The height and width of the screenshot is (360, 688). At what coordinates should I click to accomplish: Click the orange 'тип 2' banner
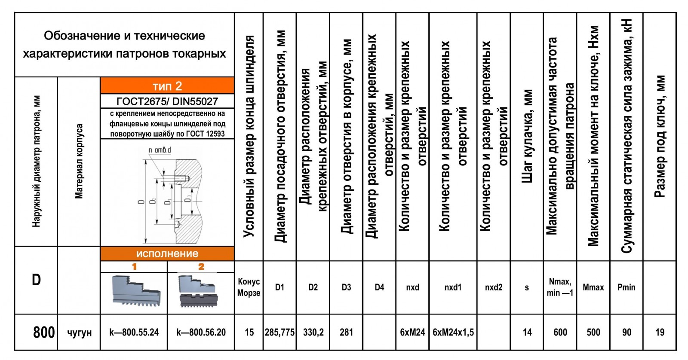point(167,85)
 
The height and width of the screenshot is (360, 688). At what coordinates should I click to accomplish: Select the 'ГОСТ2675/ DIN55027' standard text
point(167,101)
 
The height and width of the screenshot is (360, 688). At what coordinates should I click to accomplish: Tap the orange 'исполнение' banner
point(167,253)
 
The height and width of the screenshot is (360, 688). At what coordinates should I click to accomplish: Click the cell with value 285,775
point(279,332)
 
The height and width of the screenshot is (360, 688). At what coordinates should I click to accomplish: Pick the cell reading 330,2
point(313,332)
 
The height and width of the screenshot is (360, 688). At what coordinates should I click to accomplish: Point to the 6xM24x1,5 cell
point(453,332)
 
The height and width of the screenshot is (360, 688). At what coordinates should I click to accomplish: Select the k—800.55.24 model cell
point(134,332)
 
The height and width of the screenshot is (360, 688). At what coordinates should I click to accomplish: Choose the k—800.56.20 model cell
point(201,332)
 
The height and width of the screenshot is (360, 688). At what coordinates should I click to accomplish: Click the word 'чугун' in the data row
point(79,333)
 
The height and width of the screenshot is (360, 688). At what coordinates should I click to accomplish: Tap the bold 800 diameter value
point(44,333)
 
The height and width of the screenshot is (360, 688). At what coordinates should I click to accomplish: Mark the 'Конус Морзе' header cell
point(249,287)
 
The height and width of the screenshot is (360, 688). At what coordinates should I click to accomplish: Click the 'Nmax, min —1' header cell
point(560,287)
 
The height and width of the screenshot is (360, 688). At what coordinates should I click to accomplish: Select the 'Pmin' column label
point(626,287)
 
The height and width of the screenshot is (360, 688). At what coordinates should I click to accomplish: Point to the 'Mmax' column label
point(593,287)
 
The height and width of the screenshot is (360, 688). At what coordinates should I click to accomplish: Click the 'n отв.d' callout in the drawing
point(160,150)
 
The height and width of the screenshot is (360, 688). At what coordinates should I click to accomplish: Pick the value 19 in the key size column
point(660,332)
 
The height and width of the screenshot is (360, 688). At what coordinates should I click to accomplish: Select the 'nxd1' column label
point(453,287)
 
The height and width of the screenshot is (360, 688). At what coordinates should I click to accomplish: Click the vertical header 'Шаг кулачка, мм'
point(527,137)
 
